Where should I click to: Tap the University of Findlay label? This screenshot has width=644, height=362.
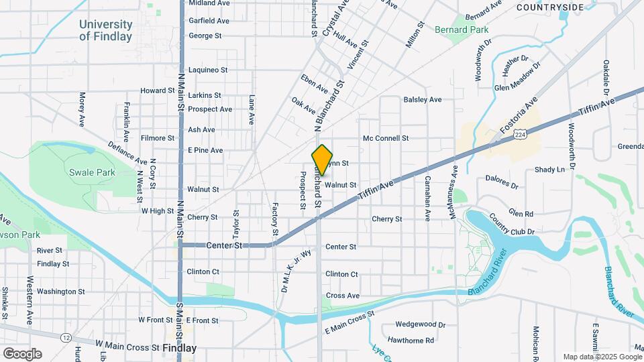click(x=105, y=30)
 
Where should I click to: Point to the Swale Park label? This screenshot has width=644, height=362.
click(x=92, y=172)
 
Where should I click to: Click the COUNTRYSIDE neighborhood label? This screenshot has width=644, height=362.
click(x=550, y=7)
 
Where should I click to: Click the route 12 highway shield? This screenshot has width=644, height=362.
click(x=65, y=337)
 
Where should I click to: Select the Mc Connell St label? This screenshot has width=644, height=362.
click(x=386, y=138)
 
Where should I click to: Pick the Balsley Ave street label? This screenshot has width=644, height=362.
click(x=423, y=99)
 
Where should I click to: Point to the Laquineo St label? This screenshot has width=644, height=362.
click(x=208, y=70)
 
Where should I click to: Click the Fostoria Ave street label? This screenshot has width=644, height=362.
click(x=519, y=115)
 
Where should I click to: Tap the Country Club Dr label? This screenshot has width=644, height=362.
click(x=511, y=225)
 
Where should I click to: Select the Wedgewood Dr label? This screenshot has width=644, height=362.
click(x=421, y=324)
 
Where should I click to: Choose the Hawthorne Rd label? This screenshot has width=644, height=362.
click(x=411, y=341)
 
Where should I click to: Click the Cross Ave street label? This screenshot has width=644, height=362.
click(x=342, y=296)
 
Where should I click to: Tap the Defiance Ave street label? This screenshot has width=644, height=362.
click(x=127, y=153)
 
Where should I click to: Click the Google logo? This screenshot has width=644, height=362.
click(x=22, y=353)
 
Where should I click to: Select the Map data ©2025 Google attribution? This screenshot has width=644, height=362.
click(x=602, y=357)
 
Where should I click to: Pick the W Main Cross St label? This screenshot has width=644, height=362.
click(x=127, y=348)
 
